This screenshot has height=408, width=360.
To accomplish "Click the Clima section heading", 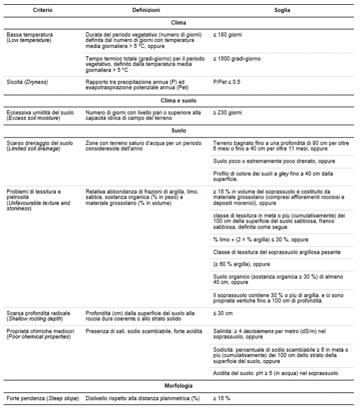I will [x=178, y=22].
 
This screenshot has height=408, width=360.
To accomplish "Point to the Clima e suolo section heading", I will [x=178, y=100].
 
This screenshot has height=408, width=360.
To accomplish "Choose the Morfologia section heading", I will [x=178, y=386].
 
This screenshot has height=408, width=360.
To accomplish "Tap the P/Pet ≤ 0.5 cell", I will [x=227, y=81].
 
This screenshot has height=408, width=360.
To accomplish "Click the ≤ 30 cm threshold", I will [x=223, y=313].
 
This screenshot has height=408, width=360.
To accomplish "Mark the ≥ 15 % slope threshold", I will [x=222, y=398].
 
